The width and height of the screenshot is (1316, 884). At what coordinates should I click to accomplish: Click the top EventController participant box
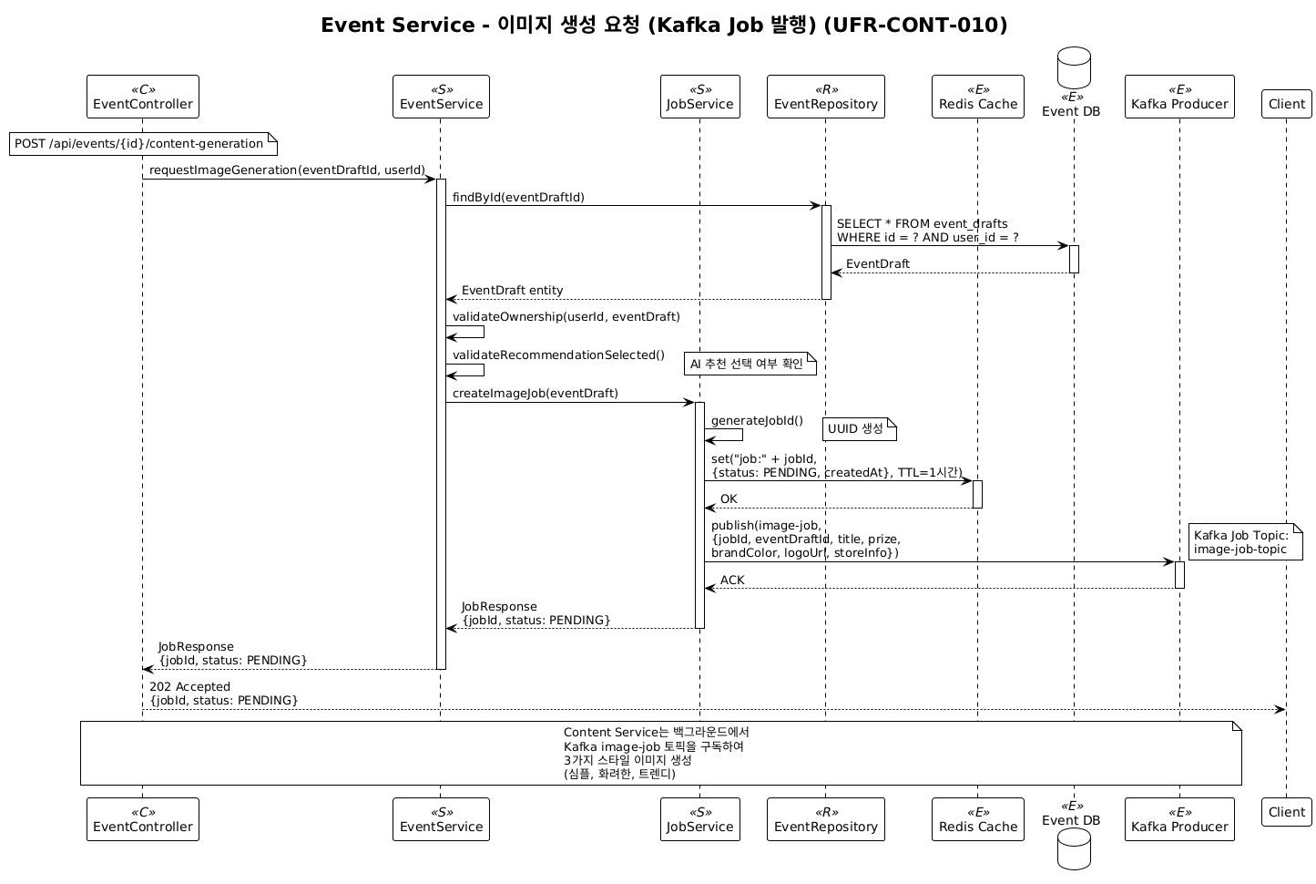[143, 97]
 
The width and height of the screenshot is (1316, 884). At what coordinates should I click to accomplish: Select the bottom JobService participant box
[699, 819]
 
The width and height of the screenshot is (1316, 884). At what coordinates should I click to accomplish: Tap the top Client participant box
[1286, 104]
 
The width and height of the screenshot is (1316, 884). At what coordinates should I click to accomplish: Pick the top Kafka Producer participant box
[1179, 97]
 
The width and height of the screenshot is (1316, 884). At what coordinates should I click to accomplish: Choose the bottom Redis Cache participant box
[978, 819]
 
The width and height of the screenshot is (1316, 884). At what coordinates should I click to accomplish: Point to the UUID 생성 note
[859, 429]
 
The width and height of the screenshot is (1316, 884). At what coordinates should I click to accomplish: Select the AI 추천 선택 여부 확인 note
[750, 365]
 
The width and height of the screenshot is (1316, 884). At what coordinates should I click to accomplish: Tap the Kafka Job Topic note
[1244, 542]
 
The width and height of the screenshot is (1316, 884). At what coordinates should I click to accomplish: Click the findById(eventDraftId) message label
[518, 197]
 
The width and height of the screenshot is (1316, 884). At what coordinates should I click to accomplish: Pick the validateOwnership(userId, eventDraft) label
[566, 317]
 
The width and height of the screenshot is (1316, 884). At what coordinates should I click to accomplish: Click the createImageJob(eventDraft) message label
[535, 394]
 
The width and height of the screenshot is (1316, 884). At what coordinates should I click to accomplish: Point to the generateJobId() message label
[757, 420]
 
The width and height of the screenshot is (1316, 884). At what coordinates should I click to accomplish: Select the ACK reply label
[732, 581]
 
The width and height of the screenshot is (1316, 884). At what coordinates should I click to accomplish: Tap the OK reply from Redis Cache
[729, 499]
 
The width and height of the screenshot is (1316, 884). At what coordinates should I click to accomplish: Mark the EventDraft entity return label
[512, 291]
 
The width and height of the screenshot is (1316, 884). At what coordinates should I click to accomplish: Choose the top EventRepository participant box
[826, 97]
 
